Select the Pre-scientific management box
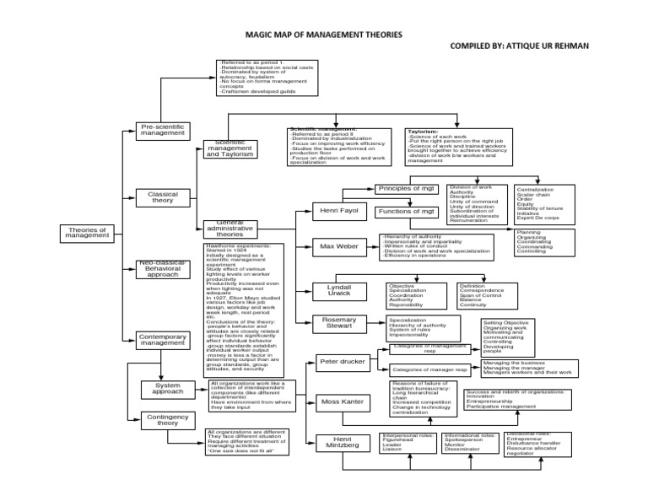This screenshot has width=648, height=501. coord(163,130)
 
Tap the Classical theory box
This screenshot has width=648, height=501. coord(163,197)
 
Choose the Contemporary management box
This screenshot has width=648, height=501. coord(163,340)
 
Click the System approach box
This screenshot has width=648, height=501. coord(168,388)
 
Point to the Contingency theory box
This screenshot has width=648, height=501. coord(168,421)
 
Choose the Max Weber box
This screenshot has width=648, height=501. coord(337,248)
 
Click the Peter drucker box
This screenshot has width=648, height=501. coord(341,363)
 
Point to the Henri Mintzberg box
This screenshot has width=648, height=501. coord(342,440)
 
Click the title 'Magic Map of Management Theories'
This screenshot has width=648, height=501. coord(318,35)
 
